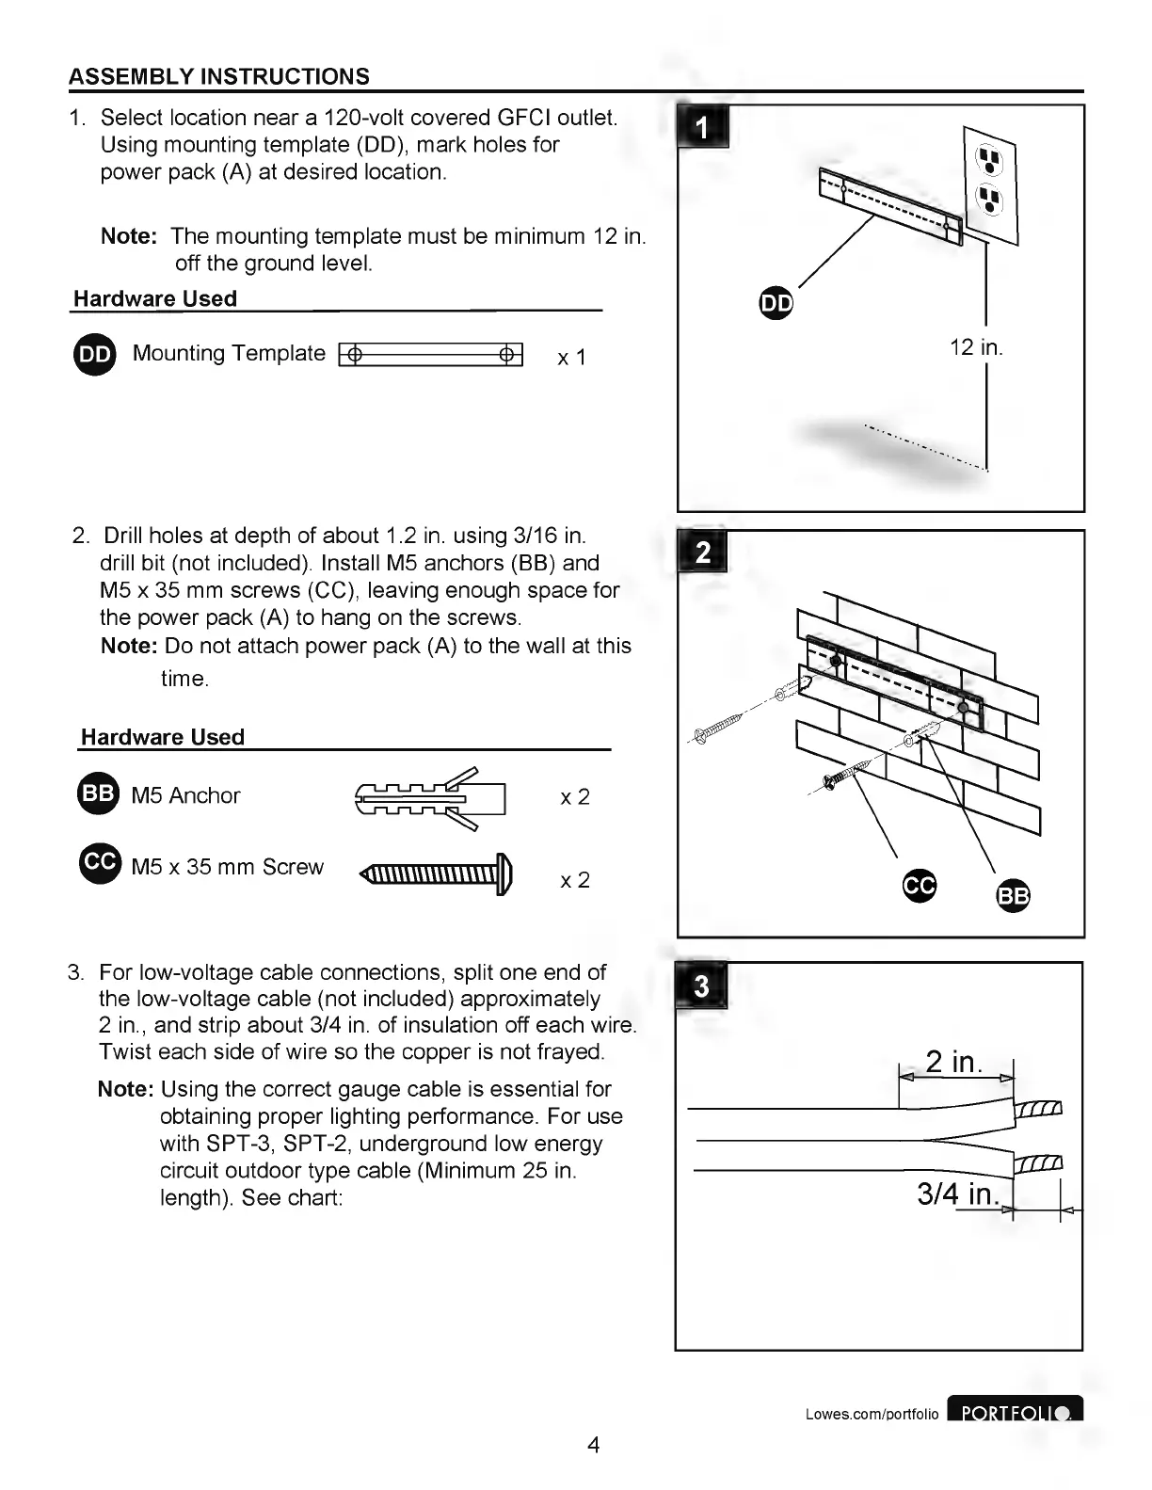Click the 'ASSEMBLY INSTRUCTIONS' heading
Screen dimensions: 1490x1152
click(219, 76)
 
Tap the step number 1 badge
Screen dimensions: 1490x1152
click(703, 126)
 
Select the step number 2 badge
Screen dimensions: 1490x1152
click(702, 552)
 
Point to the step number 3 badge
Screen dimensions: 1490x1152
click(701, 986)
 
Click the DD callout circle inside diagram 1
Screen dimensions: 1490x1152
click(776, 303)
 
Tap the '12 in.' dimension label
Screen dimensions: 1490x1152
click(976, 347)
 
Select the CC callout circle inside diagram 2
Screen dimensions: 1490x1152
click(920, 885)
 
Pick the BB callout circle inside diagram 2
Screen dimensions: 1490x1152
click(1013, 895)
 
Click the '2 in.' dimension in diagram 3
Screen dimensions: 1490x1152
click(953, 1062)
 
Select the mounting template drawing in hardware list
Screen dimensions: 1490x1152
click(430, 355)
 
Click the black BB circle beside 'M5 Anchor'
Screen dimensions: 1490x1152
click(97, 793)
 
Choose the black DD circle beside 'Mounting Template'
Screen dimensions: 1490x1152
click(94, 354)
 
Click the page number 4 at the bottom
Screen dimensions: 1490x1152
click(593, 1444)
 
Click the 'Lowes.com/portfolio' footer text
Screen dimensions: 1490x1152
click(872, 1414)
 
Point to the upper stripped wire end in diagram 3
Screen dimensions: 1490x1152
click(1039, 1108)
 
